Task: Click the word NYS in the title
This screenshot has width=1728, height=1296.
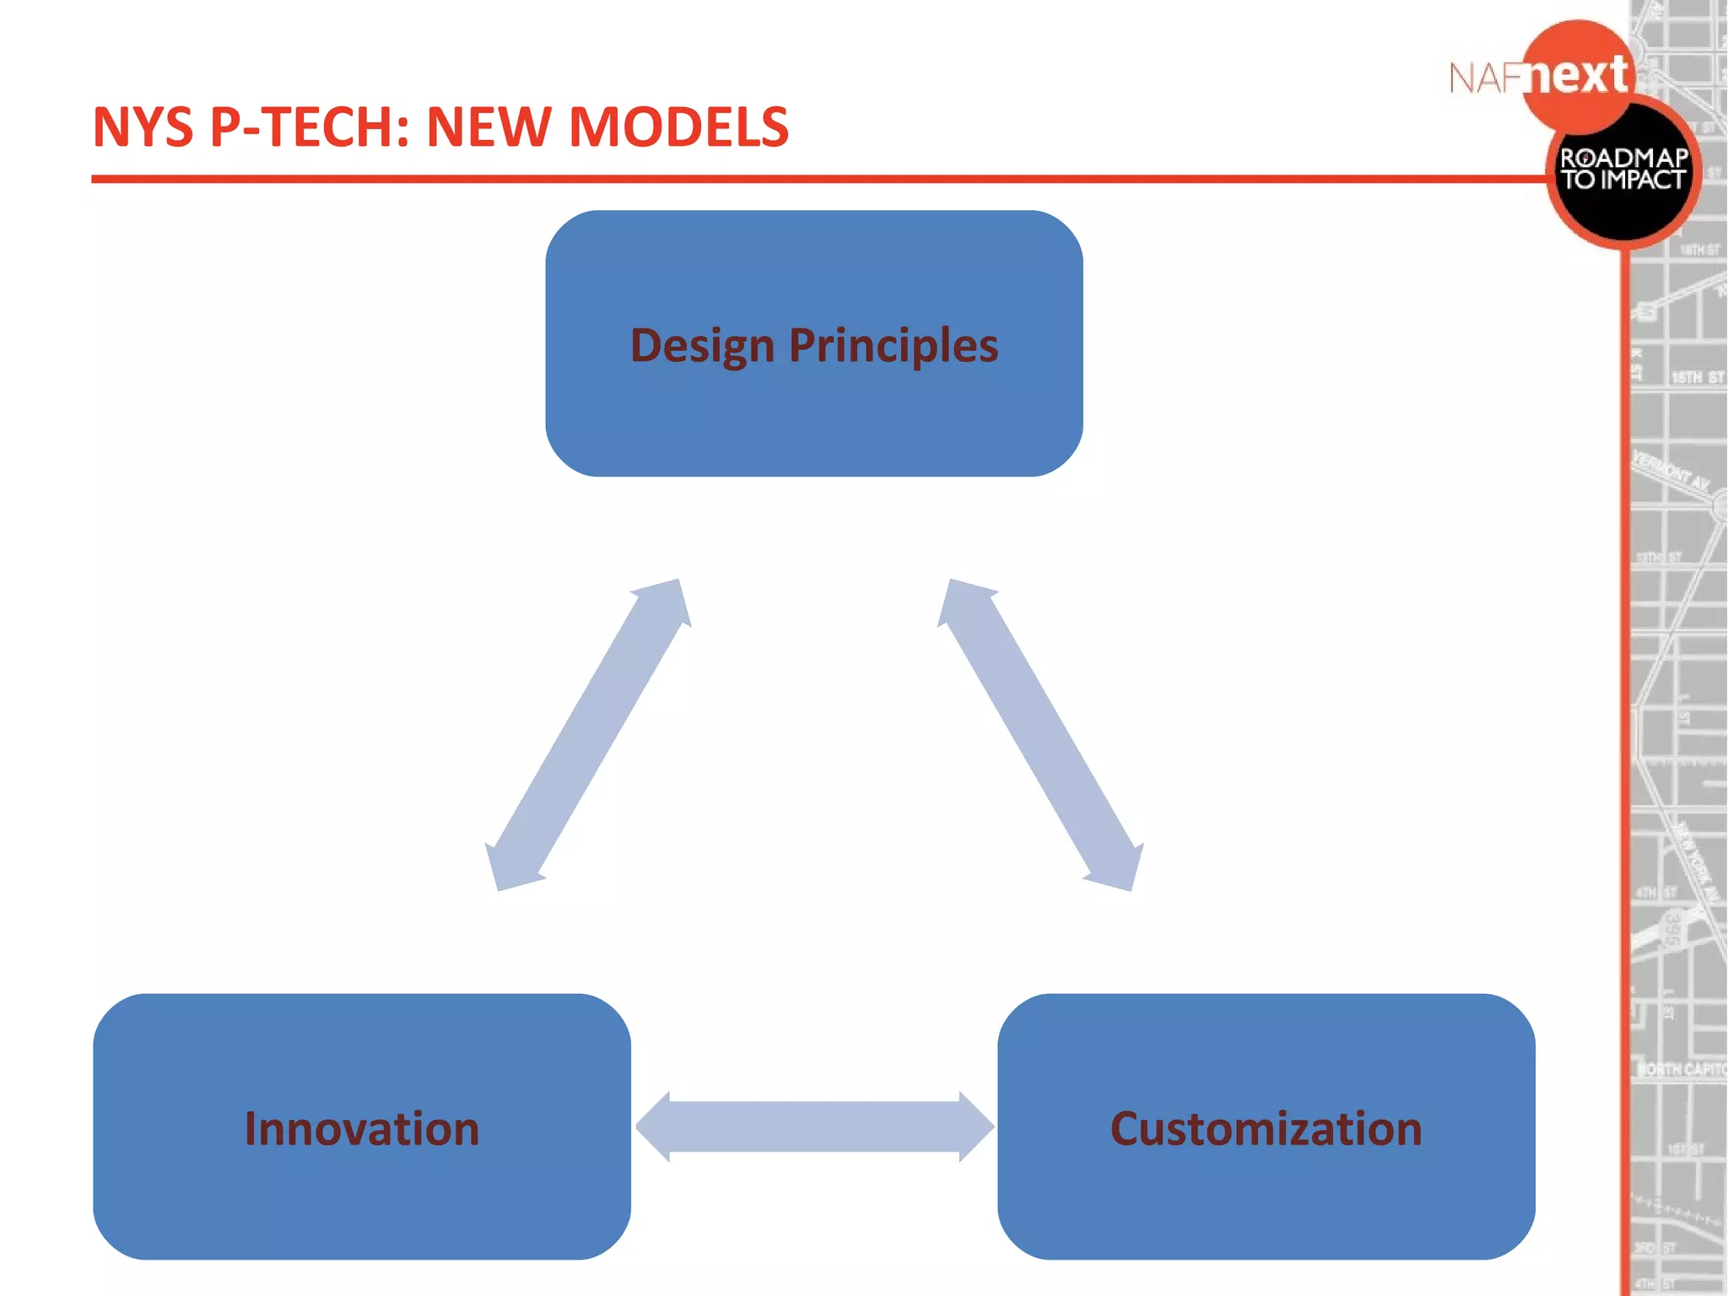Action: click(143, 127)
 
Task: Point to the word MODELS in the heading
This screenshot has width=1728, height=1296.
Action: click(679, 127)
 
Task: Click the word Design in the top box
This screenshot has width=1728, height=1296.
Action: click(702, 346)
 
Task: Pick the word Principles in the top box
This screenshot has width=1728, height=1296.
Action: click(894, 346)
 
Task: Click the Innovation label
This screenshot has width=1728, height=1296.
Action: click(362, 1129)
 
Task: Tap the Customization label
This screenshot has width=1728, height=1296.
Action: click(1266, 1129)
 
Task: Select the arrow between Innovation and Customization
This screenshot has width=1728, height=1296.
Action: click(814, 1126)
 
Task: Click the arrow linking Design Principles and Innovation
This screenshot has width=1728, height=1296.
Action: click(588, 734)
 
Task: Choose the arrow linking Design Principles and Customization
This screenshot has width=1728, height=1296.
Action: click(1040, 734)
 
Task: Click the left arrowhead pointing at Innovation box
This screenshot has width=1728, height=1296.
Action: click(654, 1126)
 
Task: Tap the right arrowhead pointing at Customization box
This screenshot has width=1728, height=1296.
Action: click(976, 1126)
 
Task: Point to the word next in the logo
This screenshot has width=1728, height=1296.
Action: click(1578, 76)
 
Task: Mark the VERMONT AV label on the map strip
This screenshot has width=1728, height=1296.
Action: click(1671, 472)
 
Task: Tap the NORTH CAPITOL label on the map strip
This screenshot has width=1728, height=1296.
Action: click(1682, 1069)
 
